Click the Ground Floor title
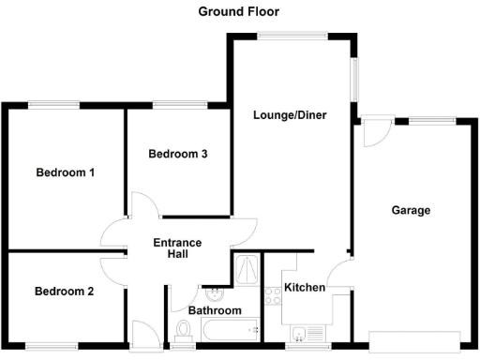coord(238,11)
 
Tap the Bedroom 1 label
coord(66,172)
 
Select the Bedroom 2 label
coord(64,291)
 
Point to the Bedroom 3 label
coord(178,154)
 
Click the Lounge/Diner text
coord(290,115)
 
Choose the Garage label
coord(411,210)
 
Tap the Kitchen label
coord(305,287)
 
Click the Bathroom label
coord(215,310)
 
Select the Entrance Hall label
coord(177,247)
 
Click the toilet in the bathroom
coord(184,328)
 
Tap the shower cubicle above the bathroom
coord(247,269)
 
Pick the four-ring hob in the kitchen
coord(274,297)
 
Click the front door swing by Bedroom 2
coord(145,333)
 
